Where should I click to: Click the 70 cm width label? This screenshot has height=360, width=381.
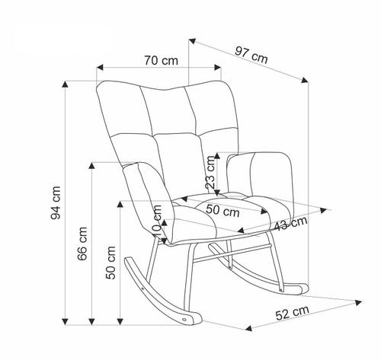[162, 61]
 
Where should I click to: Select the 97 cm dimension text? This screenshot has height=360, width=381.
[251, 55]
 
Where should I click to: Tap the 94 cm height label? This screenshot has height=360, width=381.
[56, 202]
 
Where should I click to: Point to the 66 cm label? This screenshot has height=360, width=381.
[82, 244]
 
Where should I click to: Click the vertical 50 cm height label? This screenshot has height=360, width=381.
[110, 263]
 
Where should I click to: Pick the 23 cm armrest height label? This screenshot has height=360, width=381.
[211, 172]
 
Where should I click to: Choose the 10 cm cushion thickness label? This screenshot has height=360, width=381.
[157, 221]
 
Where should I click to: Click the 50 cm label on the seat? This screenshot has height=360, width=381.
[223, 211]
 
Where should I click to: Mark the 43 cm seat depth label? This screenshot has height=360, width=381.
[291, 224]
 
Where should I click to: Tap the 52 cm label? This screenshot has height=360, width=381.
[293, 313]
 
